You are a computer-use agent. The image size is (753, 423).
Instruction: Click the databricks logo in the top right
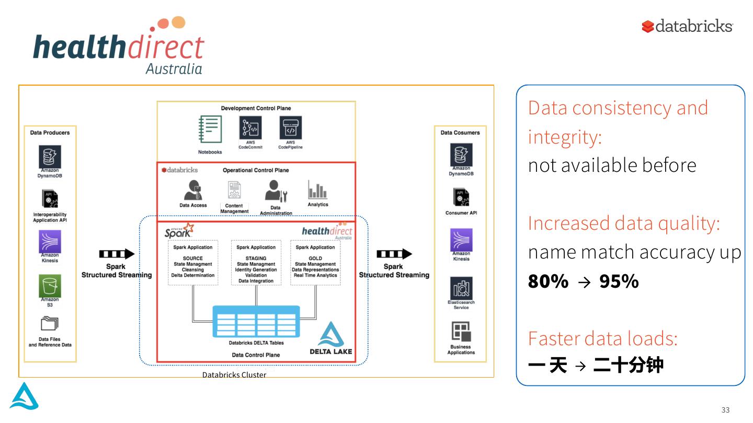(687, 26)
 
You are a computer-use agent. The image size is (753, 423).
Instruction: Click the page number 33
(725, 410)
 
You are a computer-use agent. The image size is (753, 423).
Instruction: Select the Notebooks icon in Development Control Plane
(210, 130)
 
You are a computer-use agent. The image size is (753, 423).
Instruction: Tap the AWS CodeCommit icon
(250, 128)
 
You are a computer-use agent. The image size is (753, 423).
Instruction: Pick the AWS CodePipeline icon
(290, 128)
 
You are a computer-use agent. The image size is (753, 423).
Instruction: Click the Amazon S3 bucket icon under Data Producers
(50, 286)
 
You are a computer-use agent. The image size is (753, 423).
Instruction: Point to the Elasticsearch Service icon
(461, 288)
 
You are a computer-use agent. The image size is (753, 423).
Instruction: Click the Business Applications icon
(461, 332)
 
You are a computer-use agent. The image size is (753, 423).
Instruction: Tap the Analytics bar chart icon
(317, 190)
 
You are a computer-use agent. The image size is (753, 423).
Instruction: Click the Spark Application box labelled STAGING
(256, 263)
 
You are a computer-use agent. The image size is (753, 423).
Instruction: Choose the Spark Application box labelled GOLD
(315, 263)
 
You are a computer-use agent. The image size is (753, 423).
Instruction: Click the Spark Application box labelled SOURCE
(193, 263)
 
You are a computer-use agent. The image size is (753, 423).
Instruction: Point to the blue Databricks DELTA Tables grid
(256, 321)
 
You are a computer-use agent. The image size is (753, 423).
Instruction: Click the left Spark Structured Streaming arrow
(117, 254)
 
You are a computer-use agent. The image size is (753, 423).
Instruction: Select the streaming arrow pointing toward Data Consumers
(394, 254)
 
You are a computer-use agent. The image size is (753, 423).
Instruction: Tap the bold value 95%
(619, 281)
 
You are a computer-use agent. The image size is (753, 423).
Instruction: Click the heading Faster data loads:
(602, 338)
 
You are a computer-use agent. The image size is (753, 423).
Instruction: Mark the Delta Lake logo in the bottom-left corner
(24, 396)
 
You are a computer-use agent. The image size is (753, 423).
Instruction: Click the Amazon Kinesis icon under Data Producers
(50, 242)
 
